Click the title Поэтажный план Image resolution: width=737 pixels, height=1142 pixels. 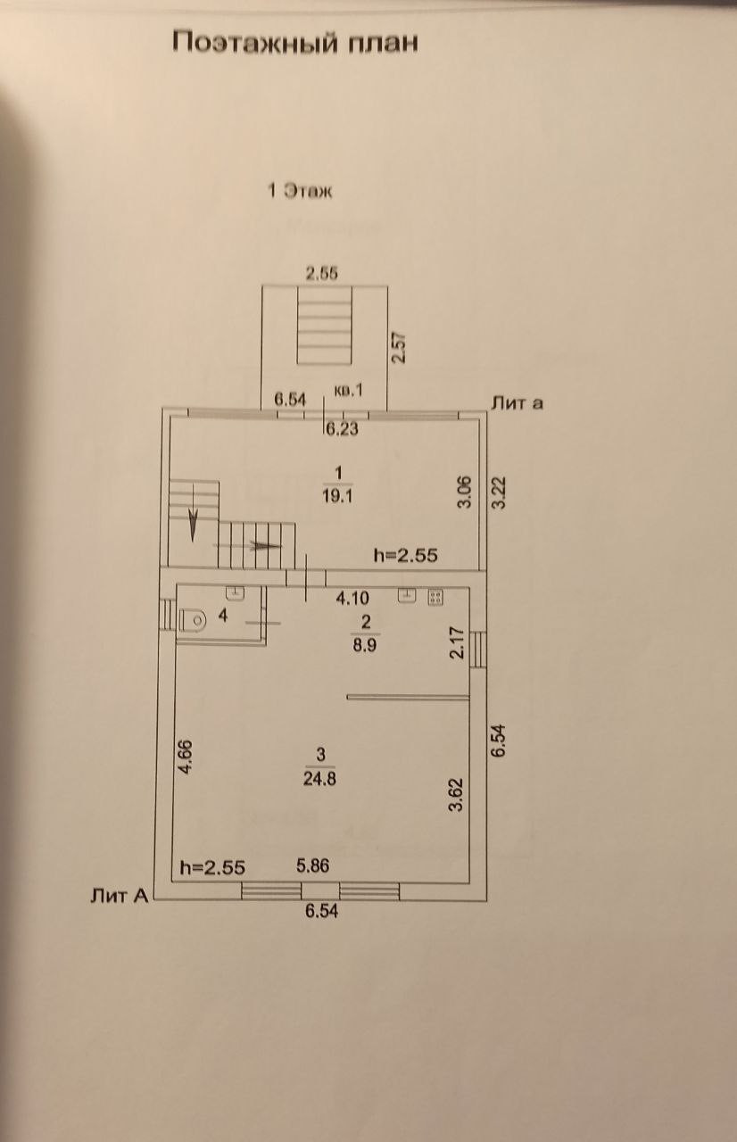(x=294, y=42)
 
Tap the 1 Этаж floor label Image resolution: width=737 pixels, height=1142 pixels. (x=301, y=190)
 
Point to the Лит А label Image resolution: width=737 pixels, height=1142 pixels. (x=119, y=896)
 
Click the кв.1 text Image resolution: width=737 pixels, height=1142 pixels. (x=347, y=391)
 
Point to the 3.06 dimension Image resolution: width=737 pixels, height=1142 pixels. (x=464, y=492)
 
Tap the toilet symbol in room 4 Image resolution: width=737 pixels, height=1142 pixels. (x=193, y=619)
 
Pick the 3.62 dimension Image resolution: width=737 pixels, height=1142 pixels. (x=455, y=793)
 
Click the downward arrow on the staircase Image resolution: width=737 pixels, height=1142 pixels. (x=192, y=526)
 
